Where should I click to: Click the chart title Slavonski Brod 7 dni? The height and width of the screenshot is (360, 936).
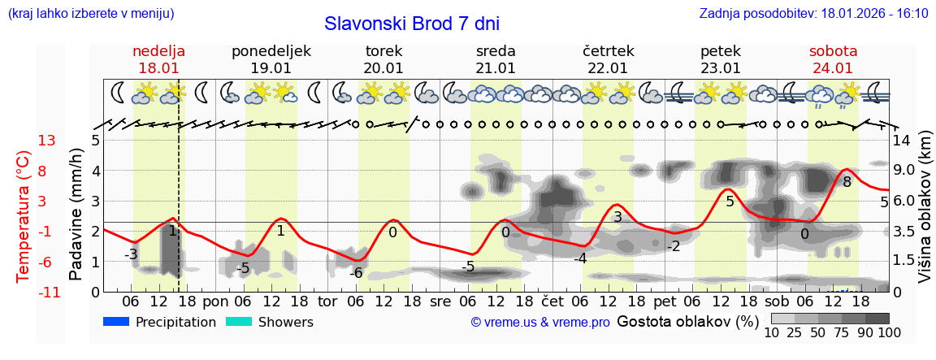411,24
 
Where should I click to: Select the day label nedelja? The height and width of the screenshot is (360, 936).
158,51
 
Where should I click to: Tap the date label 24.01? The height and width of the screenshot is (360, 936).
833,68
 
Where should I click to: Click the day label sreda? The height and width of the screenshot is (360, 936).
496,51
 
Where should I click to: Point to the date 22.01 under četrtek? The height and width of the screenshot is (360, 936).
608,68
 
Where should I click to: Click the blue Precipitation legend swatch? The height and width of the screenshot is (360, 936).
116,322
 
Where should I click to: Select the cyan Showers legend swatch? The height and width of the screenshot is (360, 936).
239,322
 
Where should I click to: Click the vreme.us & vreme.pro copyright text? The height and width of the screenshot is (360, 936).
540,323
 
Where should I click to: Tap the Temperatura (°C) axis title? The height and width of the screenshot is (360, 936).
24,215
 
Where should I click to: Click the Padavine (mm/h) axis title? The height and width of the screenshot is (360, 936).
76,215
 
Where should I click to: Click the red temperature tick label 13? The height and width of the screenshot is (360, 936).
46,141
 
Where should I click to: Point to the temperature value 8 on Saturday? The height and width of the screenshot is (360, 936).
847,182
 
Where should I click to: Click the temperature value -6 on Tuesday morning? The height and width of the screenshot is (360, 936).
356,273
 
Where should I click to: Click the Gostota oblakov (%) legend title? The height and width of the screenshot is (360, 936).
687,321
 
